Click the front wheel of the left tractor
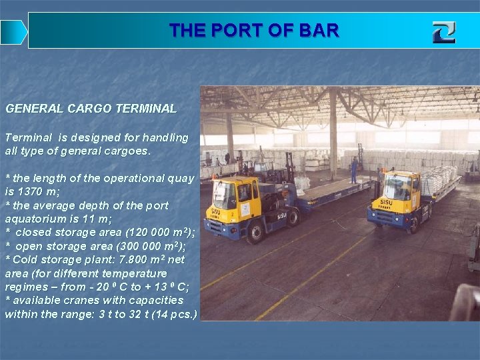254,233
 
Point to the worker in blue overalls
354,168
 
